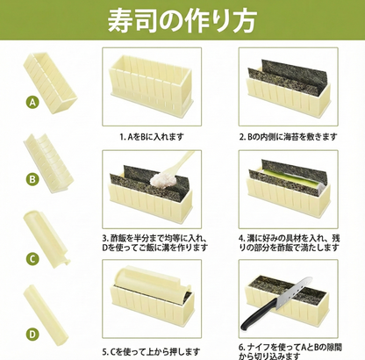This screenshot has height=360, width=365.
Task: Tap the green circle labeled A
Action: (33, 102)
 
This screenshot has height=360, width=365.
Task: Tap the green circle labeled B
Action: (33, 180)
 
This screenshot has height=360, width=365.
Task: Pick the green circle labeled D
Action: (33, 334)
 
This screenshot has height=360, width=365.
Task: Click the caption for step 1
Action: (152, 136)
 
